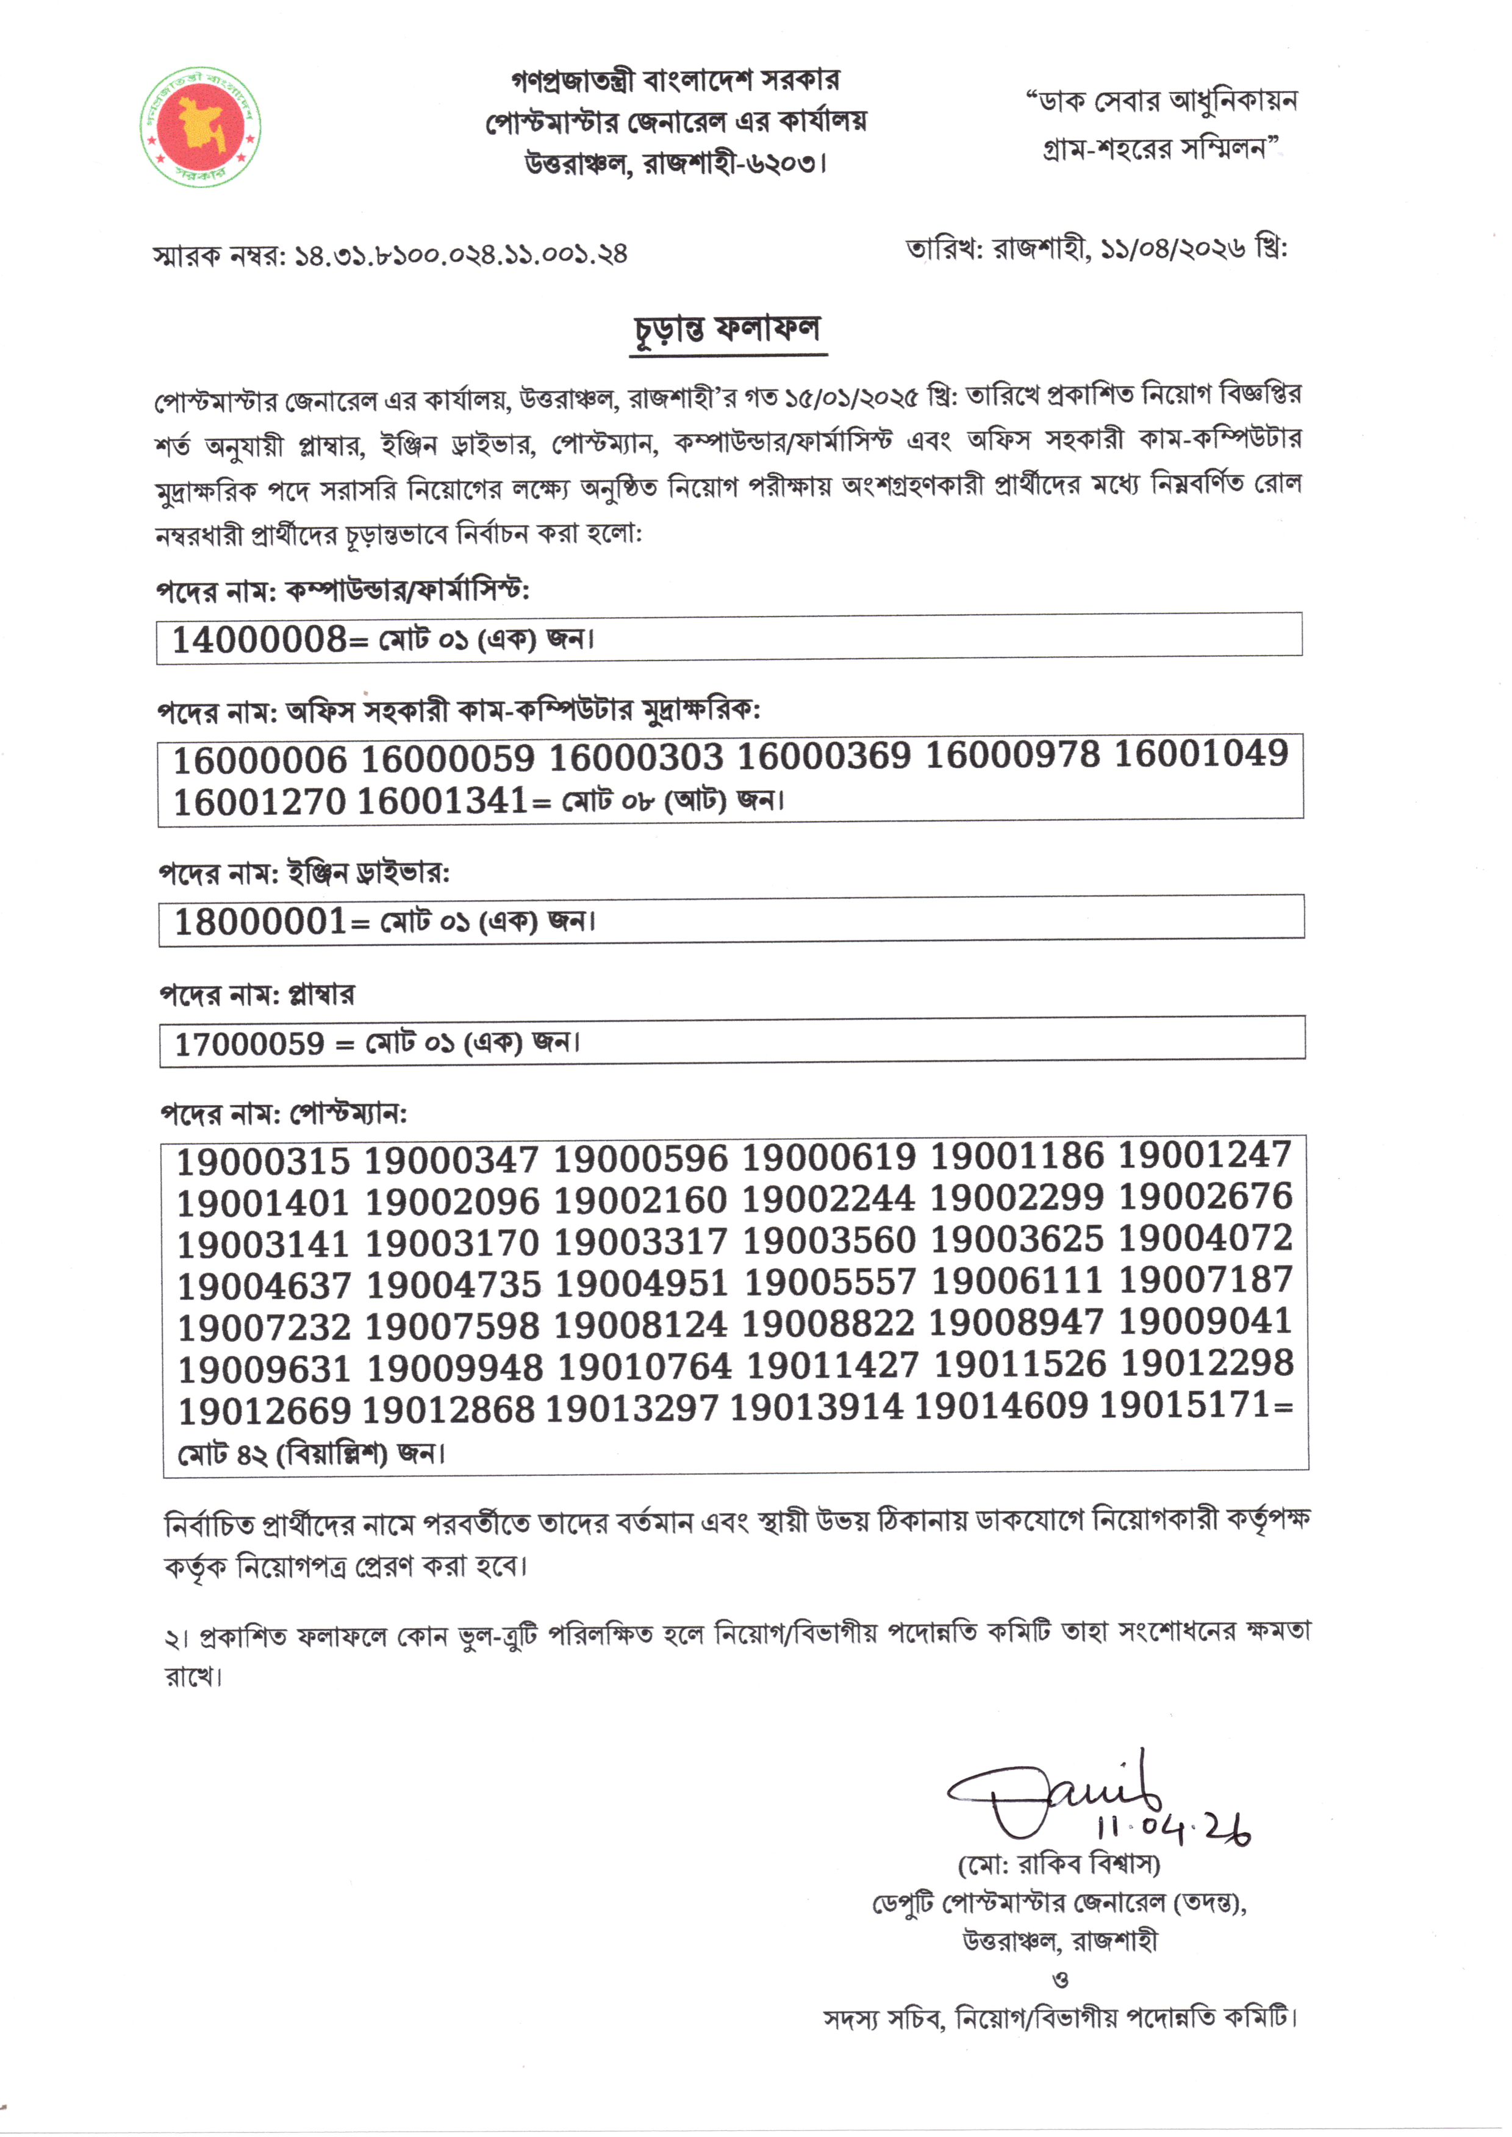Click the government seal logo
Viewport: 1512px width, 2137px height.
click(200, 127)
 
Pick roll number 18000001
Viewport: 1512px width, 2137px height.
click(260, 922)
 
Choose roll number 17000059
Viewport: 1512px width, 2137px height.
click(249, 1043)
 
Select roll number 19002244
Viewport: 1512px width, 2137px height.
click(828, 1200)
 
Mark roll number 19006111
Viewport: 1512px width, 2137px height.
click(1017, 1281)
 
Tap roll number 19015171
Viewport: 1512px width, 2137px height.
click(1184, 1405)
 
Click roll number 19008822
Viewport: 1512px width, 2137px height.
click(828, 1323)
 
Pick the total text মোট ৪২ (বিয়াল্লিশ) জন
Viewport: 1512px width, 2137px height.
click(311, 1453)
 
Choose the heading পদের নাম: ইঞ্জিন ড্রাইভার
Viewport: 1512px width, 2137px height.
click(304, 873)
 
